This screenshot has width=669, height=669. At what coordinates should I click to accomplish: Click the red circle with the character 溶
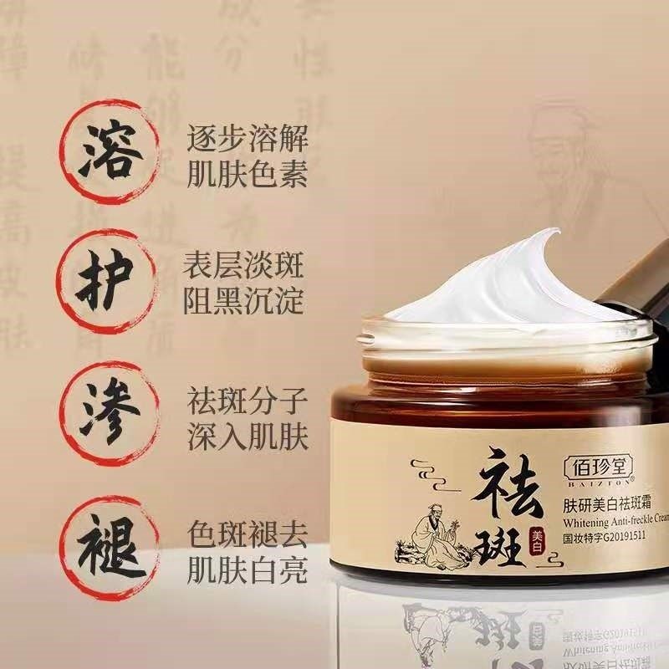point(106,153)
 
